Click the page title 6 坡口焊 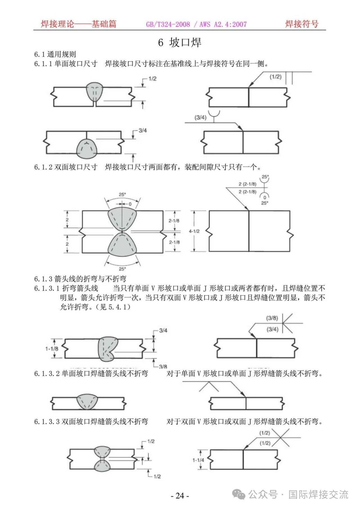pyautogui.click(x=180, y=43)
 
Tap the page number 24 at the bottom pyautogui.click(x=180, y=496)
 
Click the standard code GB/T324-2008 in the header pyautogui.click(x=168, y=24)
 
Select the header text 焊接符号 pyautogui.click(x=301, y=24)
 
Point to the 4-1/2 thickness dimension pyautogui.click(x=194, y=231)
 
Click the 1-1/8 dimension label pyautogui.click(x=52, y=349)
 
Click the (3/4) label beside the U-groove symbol pyautogui.click(x=200, y=117)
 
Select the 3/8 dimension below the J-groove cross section pyautogui.click(x=163, y=366)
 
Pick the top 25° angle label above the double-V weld pyautogui.click(x=122, y=194)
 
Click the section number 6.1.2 pyautogui.click(x=43, y=167)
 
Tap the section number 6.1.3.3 pyautogui.click(x=47, y=422)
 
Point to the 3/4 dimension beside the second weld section pyautogui.click(x=143, y=131)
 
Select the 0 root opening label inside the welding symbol pyautogui.click(x=264, y=198)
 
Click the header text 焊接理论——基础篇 pyautogui.click(x=78, y=24)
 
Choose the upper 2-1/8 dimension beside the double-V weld pyautogui.click(x=174, y=221)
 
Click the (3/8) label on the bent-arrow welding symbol pyautogui.click(x=272, y=318)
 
